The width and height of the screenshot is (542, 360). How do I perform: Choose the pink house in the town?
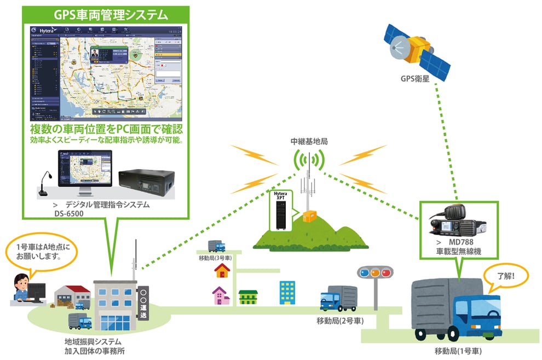(221, 296)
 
